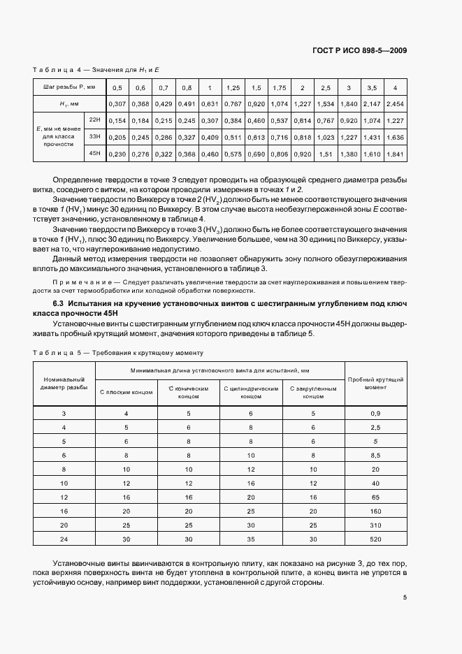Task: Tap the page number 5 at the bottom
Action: tap(405, 597)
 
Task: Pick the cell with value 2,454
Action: tap(395, 104)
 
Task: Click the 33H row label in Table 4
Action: tap(94, 137)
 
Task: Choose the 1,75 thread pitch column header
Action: tap(279, 88)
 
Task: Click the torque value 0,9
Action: tap(375, 414)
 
